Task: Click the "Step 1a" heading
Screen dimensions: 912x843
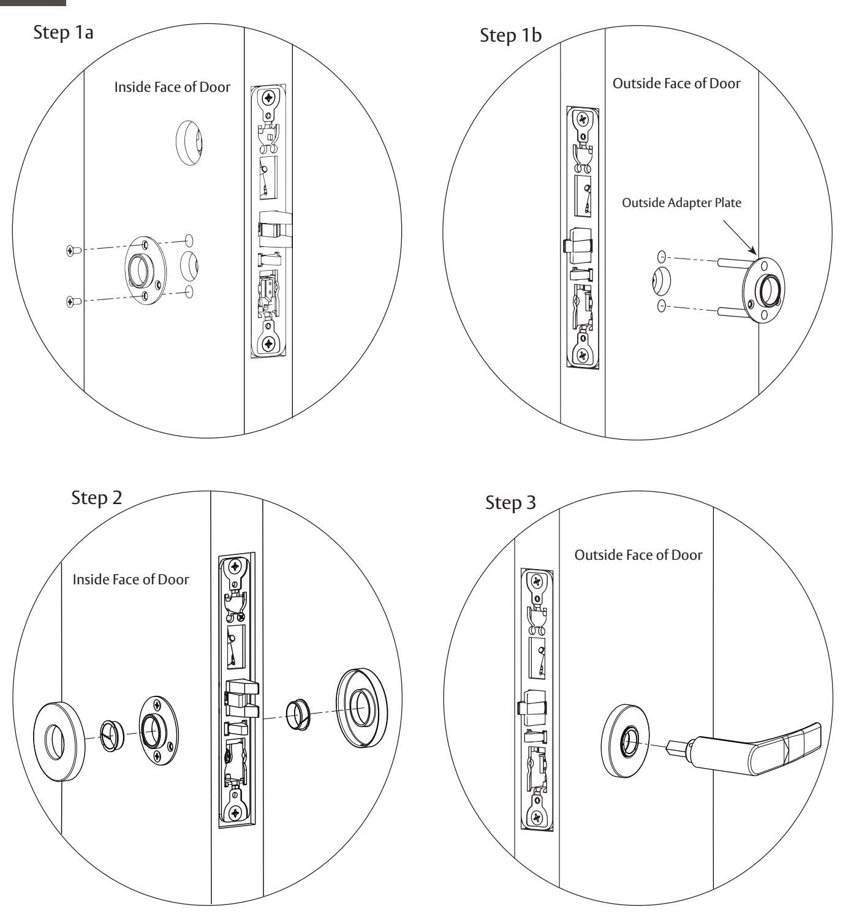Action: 63,32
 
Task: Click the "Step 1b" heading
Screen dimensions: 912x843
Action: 510,36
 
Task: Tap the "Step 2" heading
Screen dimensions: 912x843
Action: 96,497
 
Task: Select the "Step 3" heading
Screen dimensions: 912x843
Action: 510,503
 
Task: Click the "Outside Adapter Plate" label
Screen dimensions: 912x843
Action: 681,203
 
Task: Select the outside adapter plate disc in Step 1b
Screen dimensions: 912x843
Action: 763,290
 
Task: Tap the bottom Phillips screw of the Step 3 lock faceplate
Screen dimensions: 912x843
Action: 537,816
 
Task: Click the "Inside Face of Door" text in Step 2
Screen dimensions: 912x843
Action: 130,579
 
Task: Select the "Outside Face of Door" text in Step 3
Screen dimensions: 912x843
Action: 638,555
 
